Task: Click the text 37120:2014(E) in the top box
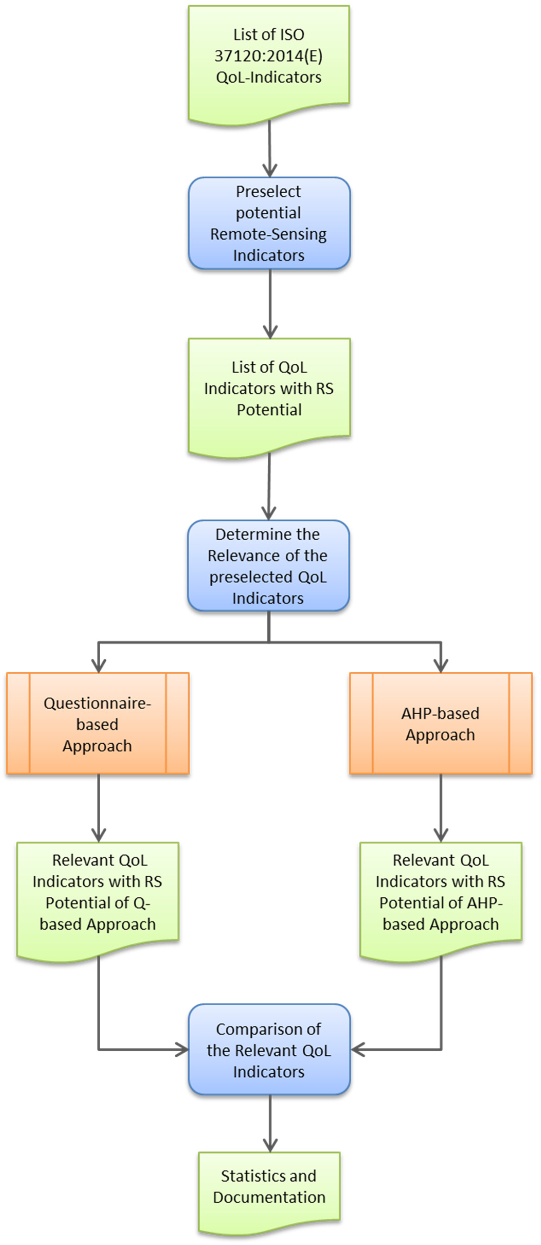click(268, 56)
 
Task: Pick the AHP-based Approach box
click(440, 724)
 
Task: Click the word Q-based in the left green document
click(97, 914)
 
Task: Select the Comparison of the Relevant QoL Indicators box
click(269, 1050)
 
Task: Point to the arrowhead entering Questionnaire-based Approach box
click(98, 666)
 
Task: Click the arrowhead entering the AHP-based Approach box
click(440, 666)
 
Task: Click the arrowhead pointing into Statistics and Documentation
click(270, 1146)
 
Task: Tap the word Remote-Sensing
click(268, 234)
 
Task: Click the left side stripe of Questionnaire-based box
click(18, 724)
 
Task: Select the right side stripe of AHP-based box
click(520, 724)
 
